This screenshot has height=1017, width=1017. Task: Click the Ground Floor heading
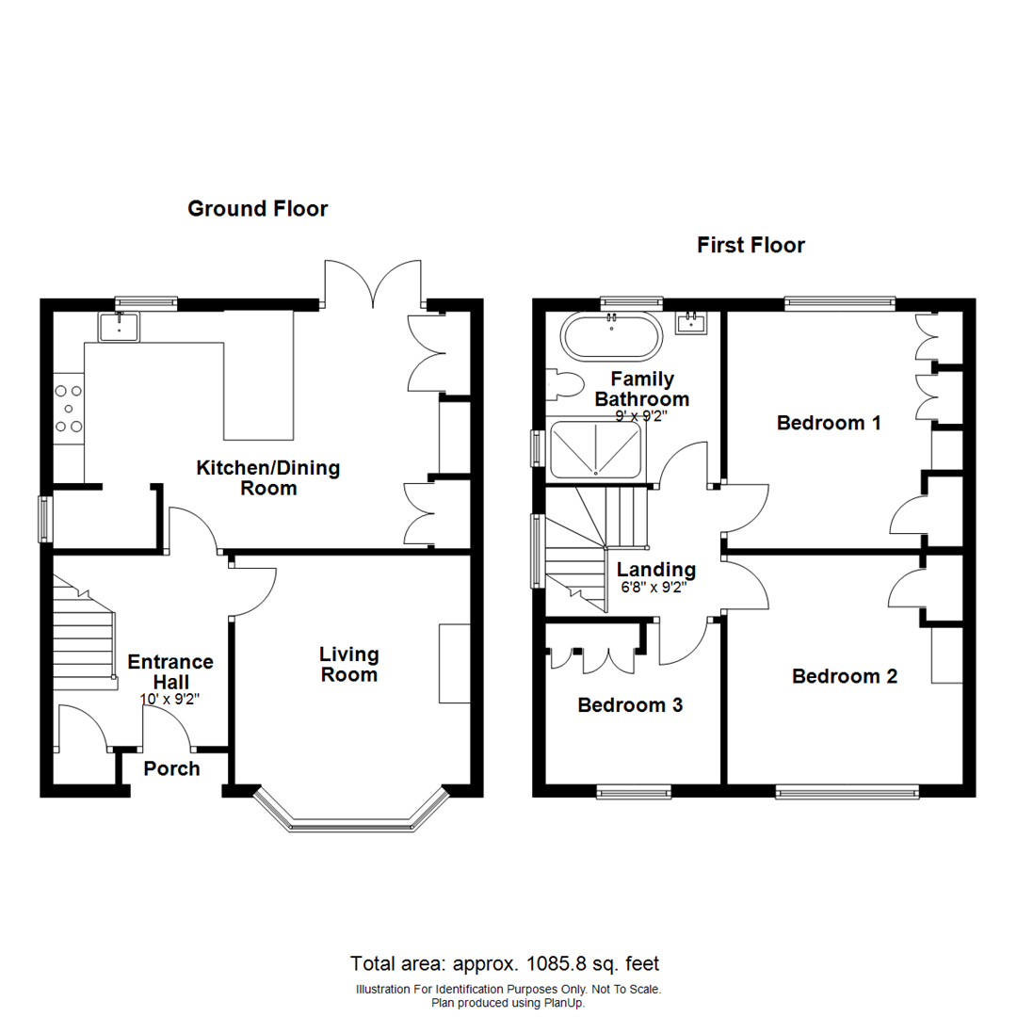257,208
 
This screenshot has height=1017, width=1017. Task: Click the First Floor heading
751,246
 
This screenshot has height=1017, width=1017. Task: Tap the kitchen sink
119,327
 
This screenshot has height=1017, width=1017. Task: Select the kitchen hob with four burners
69,406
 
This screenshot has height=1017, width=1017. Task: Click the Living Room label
348,664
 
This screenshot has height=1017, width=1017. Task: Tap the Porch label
171,768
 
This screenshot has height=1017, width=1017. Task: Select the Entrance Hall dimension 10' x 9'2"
170,700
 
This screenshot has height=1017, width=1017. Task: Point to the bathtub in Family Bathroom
609,337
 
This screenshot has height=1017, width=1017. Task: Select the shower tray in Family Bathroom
595,450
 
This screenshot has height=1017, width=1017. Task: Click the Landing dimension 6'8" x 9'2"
654,588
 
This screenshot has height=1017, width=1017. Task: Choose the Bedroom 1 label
828,423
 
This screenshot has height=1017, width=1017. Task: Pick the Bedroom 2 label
844,676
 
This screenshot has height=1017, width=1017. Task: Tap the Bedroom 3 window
634,793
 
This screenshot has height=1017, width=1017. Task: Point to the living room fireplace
454,663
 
